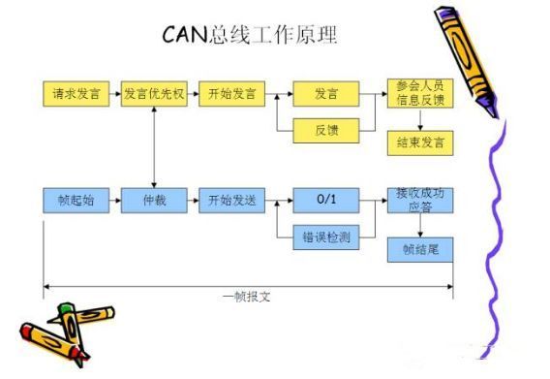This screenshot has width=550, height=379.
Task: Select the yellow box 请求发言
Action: coord(76,95)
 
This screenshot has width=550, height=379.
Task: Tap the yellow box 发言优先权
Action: coord(154,95)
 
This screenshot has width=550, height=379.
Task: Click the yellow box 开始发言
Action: coord(231,95)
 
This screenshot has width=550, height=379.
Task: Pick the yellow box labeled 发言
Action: coord(325,95)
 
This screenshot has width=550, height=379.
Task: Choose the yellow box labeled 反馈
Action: coord(325,128)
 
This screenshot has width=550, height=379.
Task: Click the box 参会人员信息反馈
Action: coord(419,95)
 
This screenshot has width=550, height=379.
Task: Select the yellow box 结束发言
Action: coord(419,142)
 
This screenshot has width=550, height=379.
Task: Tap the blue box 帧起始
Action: coord(76,202)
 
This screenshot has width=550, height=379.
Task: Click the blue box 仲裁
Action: coord(154,202)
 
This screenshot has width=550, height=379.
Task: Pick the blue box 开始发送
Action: coord(231,202)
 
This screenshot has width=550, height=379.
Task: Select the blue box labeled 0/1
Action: coord(325,202)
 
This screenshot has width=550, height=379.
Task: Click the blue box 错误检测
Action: coord(325,235)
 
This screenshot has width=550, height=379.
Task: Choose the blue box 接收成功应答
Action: coord(419,201)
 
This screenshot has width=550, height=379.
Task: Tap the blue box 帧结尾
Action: coord(419,249)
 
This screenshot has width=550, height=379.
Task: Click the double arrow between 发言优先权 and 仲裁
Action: coord(154,148)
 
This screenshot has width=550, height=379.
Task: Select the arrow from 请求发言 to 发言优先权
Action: coord(115,95)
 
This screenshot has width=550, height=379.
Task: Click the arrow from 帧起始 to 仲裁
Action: coord(115,202)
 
